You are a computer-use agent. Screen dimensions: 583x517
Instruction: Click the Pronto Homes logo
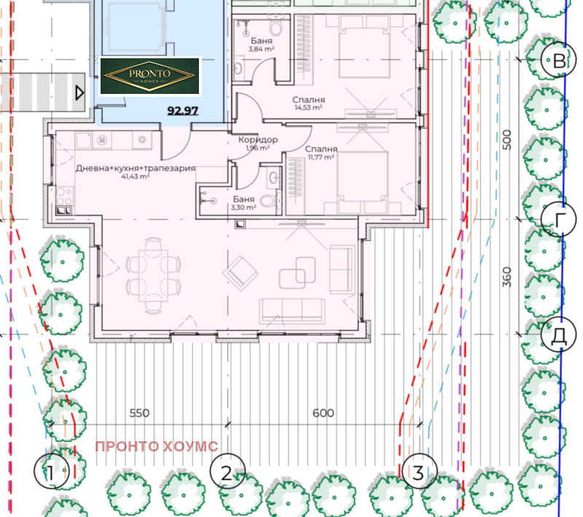pyautogui.click(x=150, y=76)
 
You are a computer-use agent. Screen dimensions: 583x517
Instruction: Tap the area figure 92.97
pyautogui.click(x=183, y=111)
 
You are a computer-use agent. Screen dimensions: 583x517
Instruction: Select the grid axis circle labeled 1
pyautogui.click(x=51, y=471)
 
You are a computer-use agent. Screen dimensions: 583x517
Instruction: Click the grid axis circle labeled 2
pyautogui.click(x=227, y=471)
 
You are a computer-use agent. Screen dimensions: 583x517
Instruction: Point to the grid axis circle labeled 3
pyautogui.click(x=420, y=471)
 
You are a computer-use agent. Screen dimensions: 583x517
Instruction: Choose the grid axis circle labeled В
pyautogui.click(x=558, y=60)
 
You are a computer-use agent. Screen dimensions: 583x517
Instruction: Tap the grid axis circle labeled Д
pyautogui.click(x=558, y=335)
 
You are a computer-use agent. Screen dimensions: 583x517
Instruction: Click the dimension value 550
pyautogui.click(x=139, y=413)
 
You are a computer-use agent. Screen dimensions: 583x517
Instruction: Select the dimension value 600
pyautogui.click(x=323, y=413)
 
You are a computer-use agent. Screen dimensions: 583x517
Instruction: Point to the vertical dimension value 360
pyautogui.click(x=506, y=277)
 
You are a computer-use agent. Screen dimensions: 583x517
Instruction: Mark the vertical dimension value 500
pyautogui.click(x=506, y=140)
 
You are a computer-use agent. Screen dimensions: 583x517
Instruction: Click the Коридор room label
pyautogui.click(x=258, y=140)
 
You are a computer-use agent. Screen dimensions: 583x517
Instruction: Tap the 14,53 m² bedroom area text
pyautogui.click(x=308, y=108)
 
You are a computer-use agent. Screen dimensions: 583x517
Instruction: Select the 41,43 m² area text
pyautogui.click(x=136, y=176)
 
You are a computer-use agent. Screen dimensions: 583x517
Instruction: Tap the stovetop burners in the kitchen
pyautogui.click(x=64, y=197)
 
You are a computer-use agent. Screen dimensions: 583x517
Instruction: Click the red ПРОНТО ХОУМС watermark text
pyautogui.click(x=157, y=446)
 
